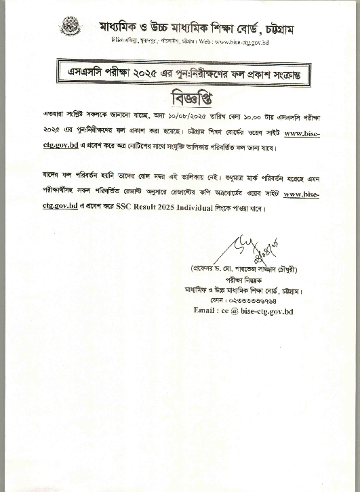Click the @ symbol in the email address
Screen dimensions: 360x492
pos(237,311)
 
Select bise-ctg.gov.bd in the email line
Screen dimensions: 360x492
pos(268,311)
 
